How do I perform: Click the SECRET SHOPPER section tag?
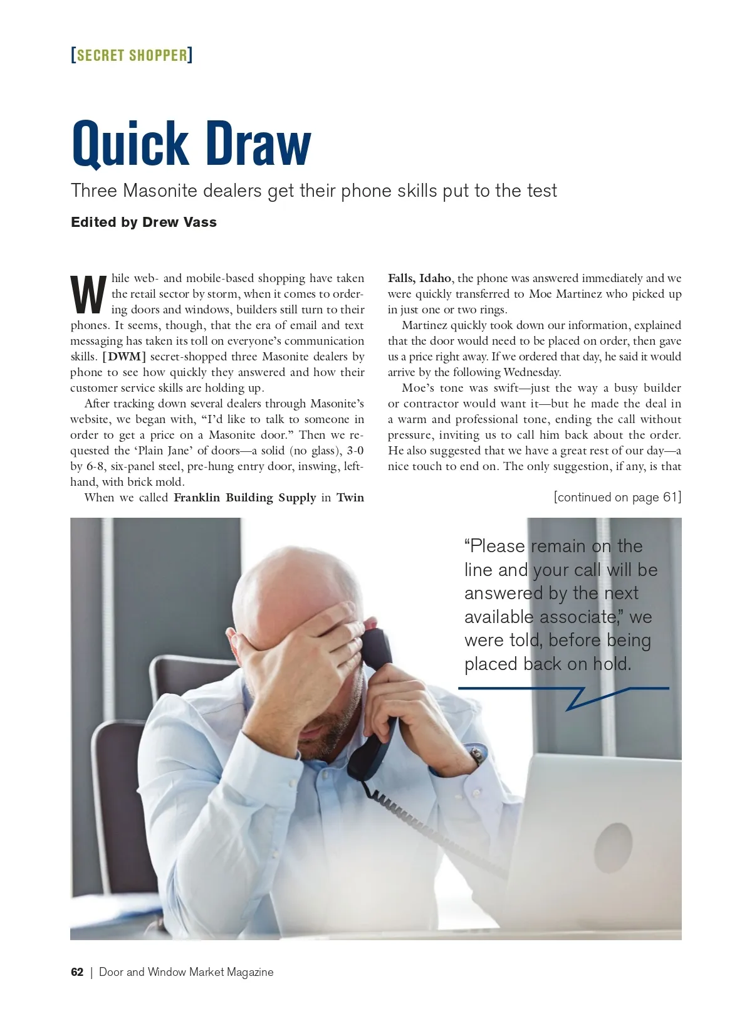coord(132,55)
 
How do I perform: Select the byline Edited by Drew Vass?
coord(144,223)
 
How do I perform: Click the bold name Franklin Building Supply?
coord(244,498)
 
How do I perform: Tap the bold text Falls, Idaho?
coord(419,278)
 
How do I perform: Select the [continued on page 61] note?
coord(617,497)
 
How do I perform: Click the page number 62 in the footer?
coord(77,972)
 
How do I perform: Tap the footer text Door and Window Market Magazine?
coord(186,972)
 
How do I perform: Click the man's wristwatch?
coord(476,756)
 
